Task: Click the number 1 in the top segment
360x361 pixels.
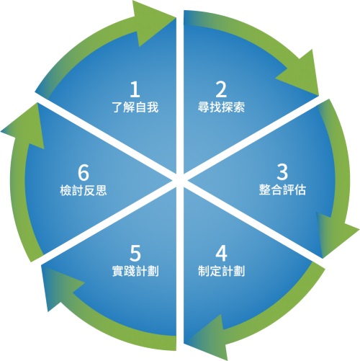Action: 135,89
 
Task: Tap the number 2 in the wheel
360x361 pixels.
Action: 221,89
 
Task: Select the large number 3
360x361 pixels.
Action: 282,172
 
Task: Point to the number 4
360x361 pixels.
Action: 221,254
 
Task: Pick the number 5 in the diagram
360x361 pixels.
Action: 135,254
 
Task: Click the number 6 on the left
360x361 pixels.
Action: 84,172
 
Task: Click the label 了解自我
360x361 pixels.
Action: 135,107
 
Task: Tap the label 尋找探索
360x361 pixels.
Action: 221,107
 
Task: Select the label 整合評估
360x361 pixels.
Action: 282,190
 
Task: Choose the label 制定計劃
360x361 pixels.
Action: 221,271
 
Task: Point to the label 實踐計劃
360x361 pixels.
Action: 135,271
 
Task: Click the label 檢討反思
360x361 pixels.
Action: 84,190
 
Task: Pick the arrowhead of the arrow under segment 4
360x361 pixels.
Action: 209,339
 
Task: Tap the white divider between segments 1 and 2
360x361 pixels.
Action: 180,94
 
